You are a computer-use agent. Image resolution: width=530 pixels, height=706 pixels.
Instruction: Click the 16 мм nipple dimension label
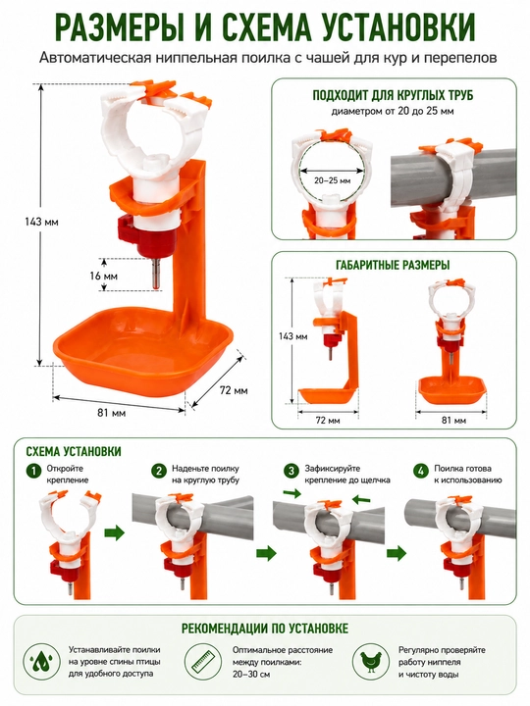(x=103, y=276)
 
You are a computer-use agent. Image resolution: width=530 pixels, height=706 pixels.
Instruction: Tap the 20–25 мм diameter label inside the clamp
(x=332, y=180)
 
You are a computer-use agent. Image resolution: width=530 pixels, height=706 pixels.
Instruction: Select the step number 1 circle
(x=33, y=472)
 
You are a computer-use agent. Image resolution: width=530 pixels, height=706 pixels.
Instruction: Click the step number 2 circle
(x=159, y=472)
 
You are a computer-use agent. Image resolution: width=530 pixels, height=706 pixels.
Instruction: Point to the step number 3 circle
(x=291, y=472)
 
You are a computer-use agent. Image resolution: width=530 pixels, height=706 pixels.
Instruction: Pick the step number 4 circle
(x=421, y=472)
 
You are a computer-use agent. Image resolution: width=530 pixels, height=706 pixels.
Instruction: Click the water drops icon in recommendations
(x=41, y=662)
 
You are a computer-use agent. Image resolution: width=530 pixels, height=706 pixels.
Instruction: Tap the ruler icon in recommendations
(x=204, y=662)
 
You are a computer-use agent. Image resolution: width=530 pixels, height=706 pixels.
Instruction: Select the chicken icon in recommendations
(x=370, y=662)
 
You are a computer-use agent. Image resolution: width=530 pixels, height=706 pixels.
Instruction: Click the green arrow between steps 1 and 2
(x=114, y=533)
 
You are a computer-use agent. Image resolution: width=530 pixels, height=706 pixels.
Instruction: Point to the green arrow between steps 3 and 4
(x=397, y=552)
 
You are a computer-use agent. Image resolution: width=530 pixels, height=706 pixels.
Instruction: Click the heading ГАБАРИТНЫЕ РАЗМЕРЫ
(x=393, y=265)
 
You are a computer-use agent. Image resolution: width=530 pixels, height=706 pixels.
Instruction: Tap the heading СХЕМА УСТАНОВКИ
(x=74, y=451)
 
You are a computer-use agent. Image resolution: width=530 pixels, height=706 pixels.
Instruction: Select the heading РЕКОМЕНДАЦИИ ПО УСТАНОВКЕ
(x=265, y=629)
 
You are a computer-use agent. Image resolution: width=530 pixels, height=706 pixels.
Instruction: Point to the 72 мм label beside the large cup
(x=234, y=390)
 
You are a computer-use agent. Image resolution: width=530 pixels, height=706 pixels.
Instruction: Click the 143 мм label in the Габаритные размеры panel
(x=292, y=336)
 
